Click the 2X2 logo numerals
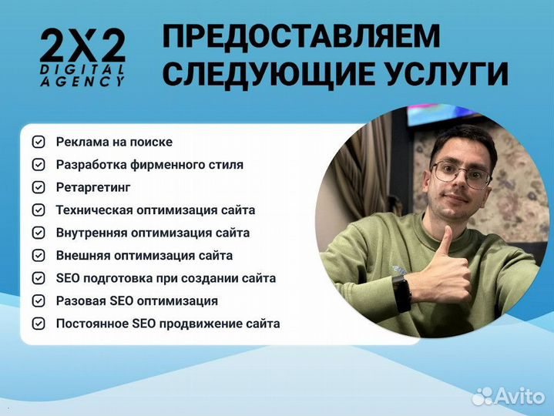[x=82, y=48]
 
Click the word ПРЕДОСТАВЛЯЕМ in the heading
[x=302, y=37]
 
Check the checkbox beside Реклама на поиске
[x=38, y=142]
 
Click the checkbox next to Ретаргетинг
[x=38, y=187]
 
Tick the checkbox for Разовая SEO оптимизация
[x=38, y=301]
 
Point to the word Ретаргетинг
[x=93, y=187]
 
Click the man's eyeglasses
[x=460, y=173]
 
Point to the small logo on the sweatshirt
[x=398, y=270]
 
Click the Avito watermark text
[x=521, y=395]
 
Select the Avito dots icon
[x=482, y=396]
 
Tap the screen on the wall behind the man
[x=439, y=113]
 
